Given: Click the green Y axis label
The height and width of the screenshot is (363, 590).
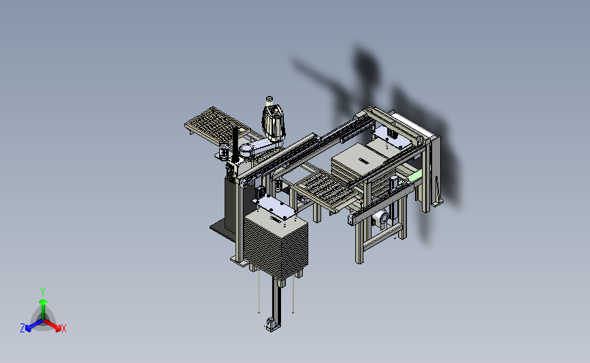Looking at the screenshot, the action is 43,292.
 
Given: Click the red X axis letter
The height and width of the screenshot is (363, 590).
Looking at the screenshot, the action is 63,328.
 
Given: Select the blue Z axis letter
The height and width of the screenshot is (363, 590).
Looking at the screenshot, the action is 22,328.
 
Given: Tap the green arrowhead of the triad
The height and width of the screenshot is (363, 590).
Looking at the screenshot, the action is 43,302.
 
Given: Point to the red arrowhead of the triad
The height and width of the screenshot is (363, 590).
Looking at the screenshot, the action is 57,328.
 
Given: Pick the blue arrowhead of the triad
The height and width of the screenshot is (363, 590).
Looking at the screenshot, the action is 28,328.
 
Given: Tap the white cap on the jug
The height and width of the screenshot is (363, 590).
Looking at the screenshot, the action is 269,100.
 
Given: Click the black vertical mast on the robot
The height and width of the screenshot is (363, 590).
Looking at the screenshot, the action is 235,144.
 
